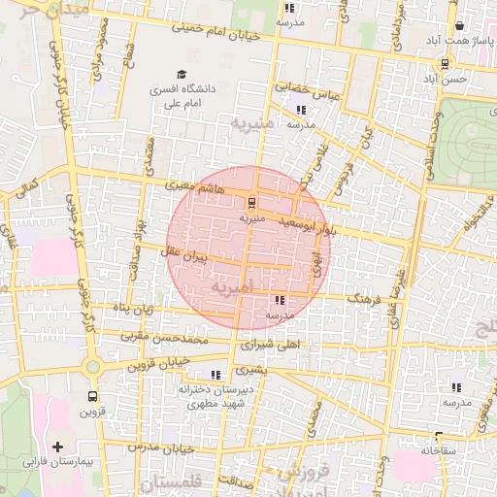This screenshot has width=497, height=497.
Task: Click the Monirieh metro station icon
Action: coord(252,203)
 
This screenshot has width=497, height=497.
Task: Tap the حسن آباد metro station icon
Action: coord(445,65)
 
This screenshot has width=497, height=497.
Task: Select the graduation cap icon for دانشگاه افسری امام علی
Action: coord(181,74)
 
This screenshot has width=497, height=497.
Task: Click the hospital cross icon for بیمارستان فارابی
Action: coord(59,447)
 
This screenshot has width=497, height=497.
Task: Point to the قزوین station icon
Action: coord(92,396)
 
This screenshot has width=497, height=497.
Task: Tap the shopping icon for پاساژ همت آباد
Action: coord(459,26)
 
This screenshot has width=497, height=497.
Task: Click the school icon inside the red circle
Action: coord(280,301)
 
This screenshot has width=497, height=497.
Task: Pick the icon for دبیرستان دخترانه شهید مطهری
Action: coord(215,374)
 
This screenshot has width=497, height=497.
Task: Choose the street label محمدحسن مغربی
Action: coord(165,339)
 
